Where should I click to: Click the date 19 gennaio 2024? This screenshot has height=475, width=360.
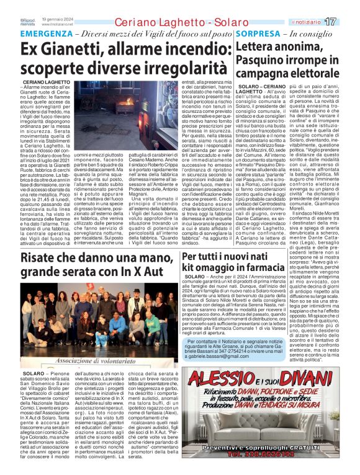point(52,19)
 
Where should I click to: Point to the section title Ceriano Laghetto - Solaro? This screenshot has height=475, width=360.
point(164,22)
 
